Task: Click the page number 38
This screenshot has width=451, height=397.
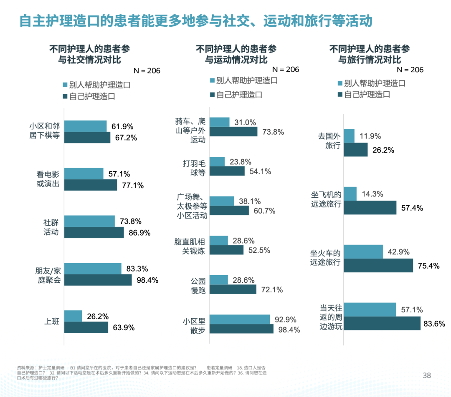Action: click(426, 375)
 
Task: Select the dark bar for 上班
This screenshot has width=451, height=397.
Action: click(86, 327)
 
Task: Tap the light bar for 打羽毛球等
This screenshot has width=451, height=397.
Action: click(217, 161)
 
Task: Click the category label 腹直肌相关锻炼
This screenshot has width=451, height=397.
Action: click(190, 246)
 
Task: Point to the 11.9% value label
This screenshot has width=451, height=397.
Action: click(370, 136)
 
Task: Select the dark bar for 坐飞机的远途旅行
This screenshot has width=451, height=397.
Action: click(370, 207)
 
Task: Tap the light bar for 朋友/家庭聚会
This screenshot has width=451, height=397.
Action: click(93, 269)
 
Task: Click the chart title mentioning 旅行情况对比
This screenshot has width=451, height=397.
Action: click(370, 54)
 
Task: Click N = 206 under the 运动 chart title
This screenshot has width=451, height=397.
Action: click(286, 69)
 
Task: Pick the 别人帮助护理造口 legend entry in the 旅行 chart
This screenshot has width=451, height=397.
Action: click(370, 83)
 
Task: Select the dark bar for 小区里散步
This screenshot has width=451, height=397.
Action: click(241, 329)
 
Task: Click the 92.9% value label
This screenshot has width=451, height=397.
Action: click(286, 320)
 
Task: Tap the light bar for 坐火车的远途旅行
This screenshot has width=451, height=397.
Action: click(363, 251)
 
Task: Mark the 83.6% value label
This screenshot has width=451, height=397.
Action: click(434, 323)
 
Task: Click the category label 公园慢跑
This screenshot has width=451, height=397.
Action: click(198, 285)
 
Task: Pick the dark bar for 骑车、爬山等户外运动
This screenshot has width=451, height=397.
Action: click(233, 131)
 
